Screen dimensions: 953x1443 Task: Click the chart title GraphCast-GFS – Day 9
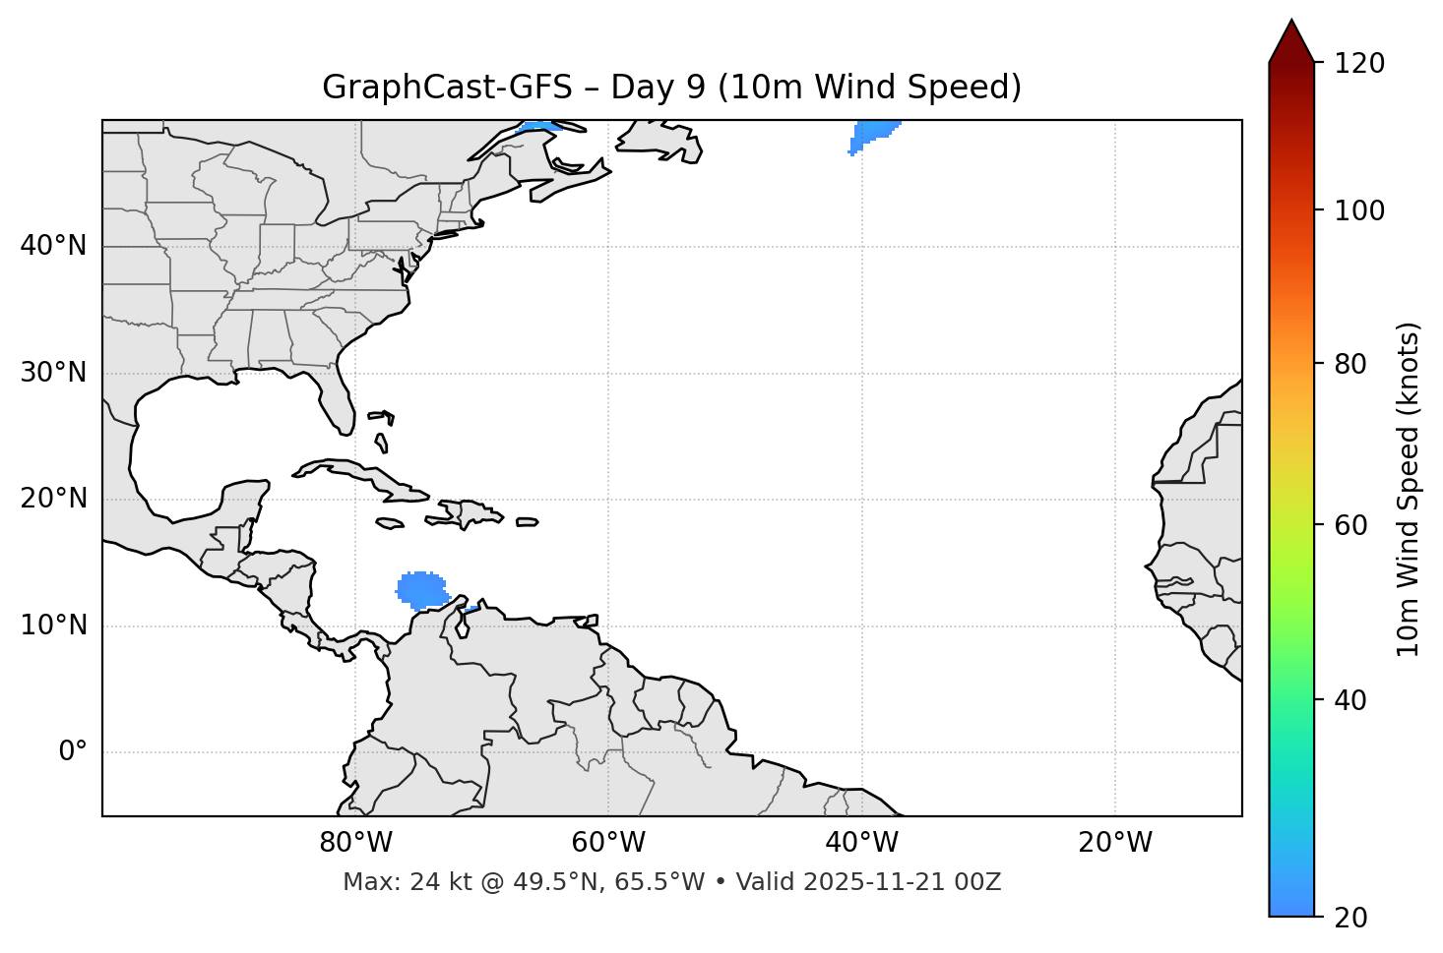point(671,88)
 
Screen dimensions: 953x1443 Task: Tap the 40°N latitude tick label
point(53,246)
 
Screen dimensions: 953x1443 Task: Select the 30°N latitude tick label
point(53,373)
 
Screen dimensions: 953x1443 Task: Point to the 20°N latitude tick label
point(53,499)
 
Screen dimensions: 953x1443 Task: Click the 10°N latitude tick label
point(53,625)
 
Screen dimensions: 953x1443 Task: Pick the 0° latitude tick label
point(72,752)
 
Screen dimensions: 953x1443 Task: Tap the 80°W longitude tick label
point(355,843)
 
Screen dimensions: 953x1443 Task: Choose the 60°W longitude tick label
point(608,843)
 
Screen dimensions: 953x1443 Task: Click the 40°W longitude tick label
point(862,843)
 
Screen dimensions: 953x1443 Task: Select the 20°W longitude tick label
point(1115,843)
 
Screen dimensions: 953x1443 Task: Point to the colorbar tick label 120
point(1359,64)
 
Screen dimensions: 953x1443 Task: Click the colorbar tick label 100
point(1359,210)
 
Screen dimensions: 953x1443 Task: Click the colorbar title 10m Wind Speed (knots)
point(1409,489)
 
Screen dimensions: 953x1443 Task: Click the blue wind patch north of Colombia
point(421,589)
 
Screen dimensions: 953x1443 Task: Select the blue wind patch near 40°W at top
point(872,132)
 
